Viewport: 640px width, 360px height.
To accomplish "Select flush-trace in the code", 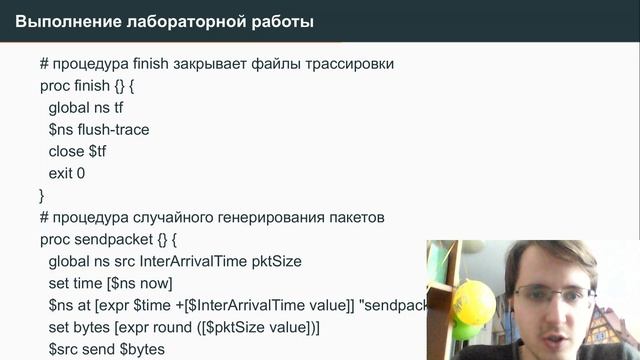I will point(112,129).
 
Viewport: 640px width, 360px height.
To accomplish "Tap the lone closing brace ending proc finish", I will point(42,195).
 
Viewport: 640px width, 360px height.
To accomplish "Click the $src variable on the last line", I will point(64,349).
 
